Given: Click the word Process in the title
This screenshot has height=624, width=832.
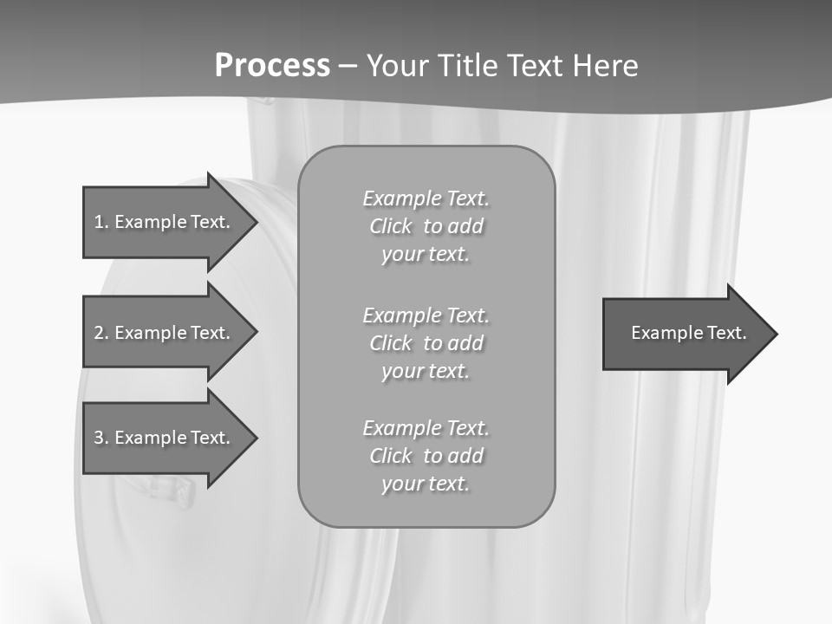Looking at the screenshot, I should [x=272, y=66].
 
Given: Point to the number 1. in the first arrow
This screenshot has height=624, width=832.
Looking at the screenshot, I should [x=101, y=222].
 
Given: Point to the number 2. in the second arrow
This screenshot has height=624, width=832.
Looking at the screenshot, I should [x=101, y=333].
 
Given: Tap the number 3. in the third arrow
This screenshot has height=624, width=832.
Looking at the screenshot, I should [x=101, y=438].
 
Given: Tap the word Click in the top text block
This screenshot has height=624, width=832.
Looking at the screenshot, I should [x=391, y=227].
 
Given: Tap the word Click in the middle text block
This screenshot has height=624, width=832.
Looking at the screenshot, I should [x=391, y=343].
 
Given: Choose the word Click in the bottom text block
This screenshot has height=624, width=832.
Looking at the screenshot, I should [x=391, y=456].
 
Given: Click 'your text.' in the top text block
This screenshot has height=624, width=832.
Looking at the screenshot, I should [x=426, y=255].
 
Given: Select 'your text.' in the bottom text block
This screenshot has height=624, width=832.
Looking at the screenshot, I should [x=426, y=484].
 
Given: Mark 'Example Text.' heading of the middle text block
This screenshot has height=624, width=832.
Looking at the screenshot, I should [x=426, y=315].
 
